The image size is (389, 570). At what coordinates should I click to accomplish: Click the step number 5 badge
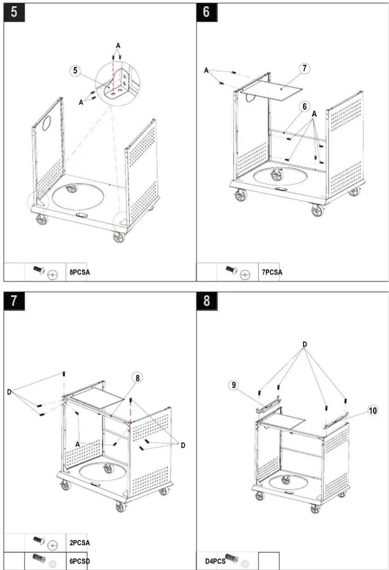(x=14, y=12)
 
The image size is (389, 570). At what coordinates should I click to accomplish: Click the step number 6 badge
(x=207, y=12)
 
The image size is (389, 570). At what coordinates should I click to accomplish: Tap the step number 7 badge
(x=14, y=301)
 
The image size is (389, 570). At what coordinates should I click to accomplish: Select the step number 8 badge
(x=207, y=301)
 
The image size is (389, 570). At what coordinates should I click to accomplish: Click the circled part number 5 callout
(x=75, y=70)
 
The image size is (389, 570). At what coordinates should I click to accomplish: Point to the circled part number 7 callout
(x=304, y=68)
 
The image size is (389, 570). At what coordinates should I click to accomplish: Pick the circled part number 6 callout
(x=305, y=107)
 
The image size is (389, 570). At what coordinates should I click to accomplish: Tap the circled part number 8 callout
(x=137, y=378)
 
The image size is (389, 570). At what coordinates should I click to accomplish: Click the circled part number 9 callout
(x=233, y=385)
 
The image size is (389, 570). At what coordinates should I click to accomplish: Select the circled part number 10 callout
(x=373, y=410)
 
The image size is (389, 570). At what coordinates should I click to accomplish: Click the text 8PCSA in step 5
(x=80, y=272)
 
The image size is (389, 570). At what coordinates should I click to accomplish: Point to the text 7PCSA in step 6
(x=272, y=272)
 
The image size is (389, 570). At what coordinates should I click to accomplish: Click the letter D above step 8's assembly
(x=305, y=344)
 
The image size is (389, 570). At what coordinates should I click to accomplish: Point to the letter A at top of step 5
(x=118, y=46)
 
